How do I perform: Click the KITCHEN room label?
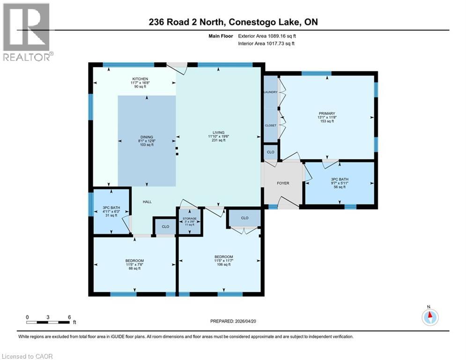pos(140,79)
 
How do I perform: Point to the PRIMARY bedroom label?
pos(327,112)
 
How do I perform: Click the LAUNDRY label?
pos(271,92)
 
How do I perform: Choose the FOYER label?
pos(283,183)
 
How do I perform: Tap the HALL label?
pos(147,202)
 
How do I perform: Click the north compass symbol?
pos(429,317)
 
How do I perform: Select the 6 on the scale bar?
pos(69,317)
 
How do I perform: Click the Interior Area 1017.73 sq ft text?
pos(266,44)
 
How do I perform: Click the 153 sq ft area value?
pos(327,121)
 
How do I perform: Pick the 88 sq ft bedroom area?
pos(134,269)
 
